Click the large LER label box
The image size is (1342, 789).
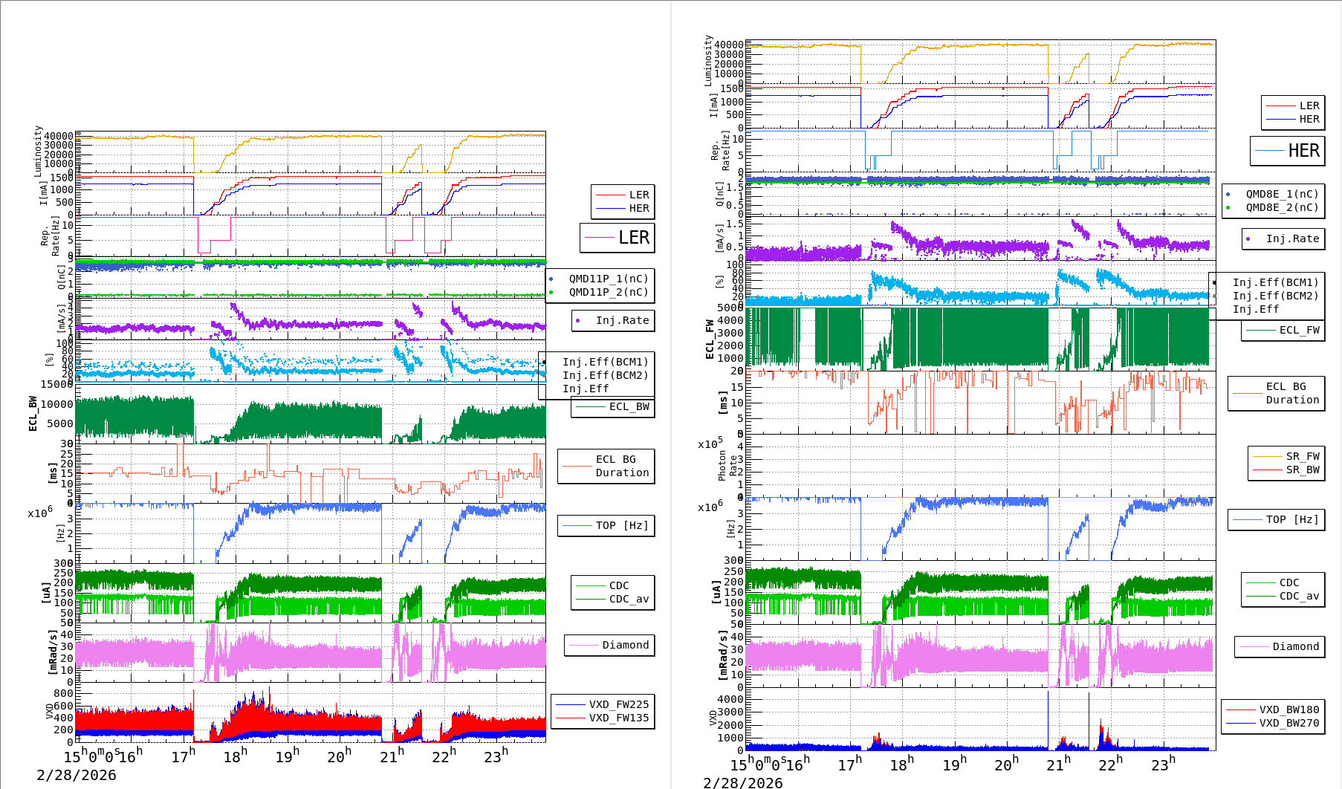point(617,238)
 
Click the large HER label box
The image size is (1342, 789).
point(1288,151)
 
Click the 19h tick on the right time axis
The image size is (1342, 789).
point(954,764)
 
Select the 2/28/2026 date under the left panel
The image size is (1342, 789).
point(77,776)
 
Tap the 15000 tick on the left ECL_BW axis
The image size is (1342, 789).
point(57,384)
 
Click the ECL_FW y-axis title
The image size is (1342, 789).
point(710,339)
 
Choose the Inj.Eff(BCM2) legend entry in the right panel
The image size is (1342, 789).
point(1275,296)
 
